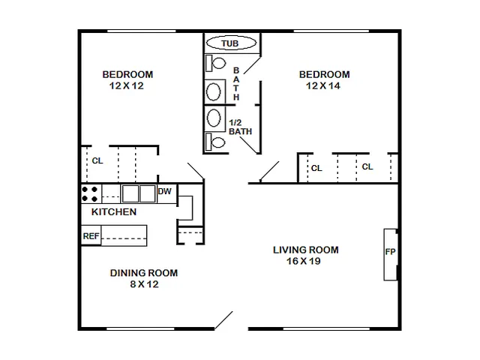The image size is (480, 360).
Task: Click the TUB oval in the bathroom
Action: coord(231,43)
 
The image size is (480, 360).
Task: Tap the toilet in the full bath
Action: coord(215,63)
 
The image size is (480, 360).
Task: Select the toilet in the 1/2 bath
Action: coord(215,142)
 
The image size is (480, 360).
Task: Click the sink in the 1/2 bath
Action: coord(214,118)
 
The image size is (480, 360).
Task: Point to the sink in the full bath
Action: coord(213,91)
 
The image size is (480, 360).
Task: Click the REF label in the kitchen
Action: coord(91,236)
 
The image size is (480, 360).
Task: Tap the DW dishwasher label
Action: coord(164,192)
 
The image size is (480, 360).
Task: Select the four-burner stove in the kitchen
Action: coord(91,194)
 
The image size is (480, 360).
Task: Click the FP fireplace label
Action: coord(390,252)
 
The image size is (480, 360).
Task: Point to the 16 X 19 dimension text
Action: coord(304,261)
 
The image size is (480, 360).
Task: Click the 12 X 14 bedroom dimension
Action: coord(323,85)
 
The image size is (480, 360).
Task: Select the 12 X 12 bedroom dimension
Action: coord(127,85)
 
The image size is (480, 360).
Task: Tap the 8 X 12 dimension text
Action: coord(144,284)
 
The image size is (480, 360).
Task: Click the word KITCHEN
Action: coord(114,211)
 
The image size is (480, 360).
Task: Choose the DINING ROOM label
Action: coord(144,273)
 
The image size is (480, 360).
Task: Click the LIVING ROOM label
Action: coord(306,250)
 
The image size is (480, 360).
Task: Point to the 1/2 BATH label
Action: coord(240,127)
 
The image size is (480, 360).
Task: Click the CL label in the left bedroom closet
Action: coord(97,160)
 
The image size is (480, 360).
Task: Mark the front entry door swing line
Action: coord(223,320)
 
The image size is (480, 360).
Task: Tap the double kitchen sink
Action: coord(139,193)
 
